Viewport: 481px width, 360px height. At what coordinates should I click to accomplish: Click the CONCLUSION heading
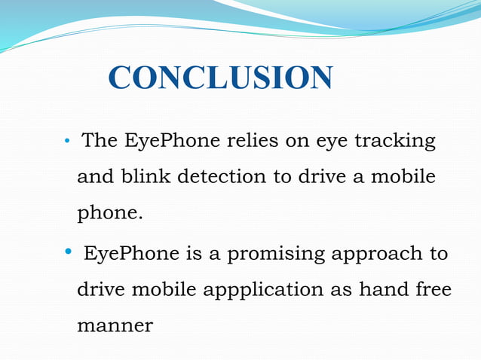point(220,78)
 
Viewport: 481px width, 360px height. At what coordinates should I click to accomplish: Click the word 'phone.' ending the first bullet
point(109,215)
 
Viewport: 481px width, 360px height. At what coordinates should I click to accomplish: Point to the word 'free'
point(434,290)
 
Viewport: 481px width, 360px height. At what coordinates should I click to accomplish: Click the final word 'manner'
point(115,326)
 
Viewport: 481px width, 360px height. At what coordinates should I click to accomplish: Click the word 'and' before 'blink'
point(93,177)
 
